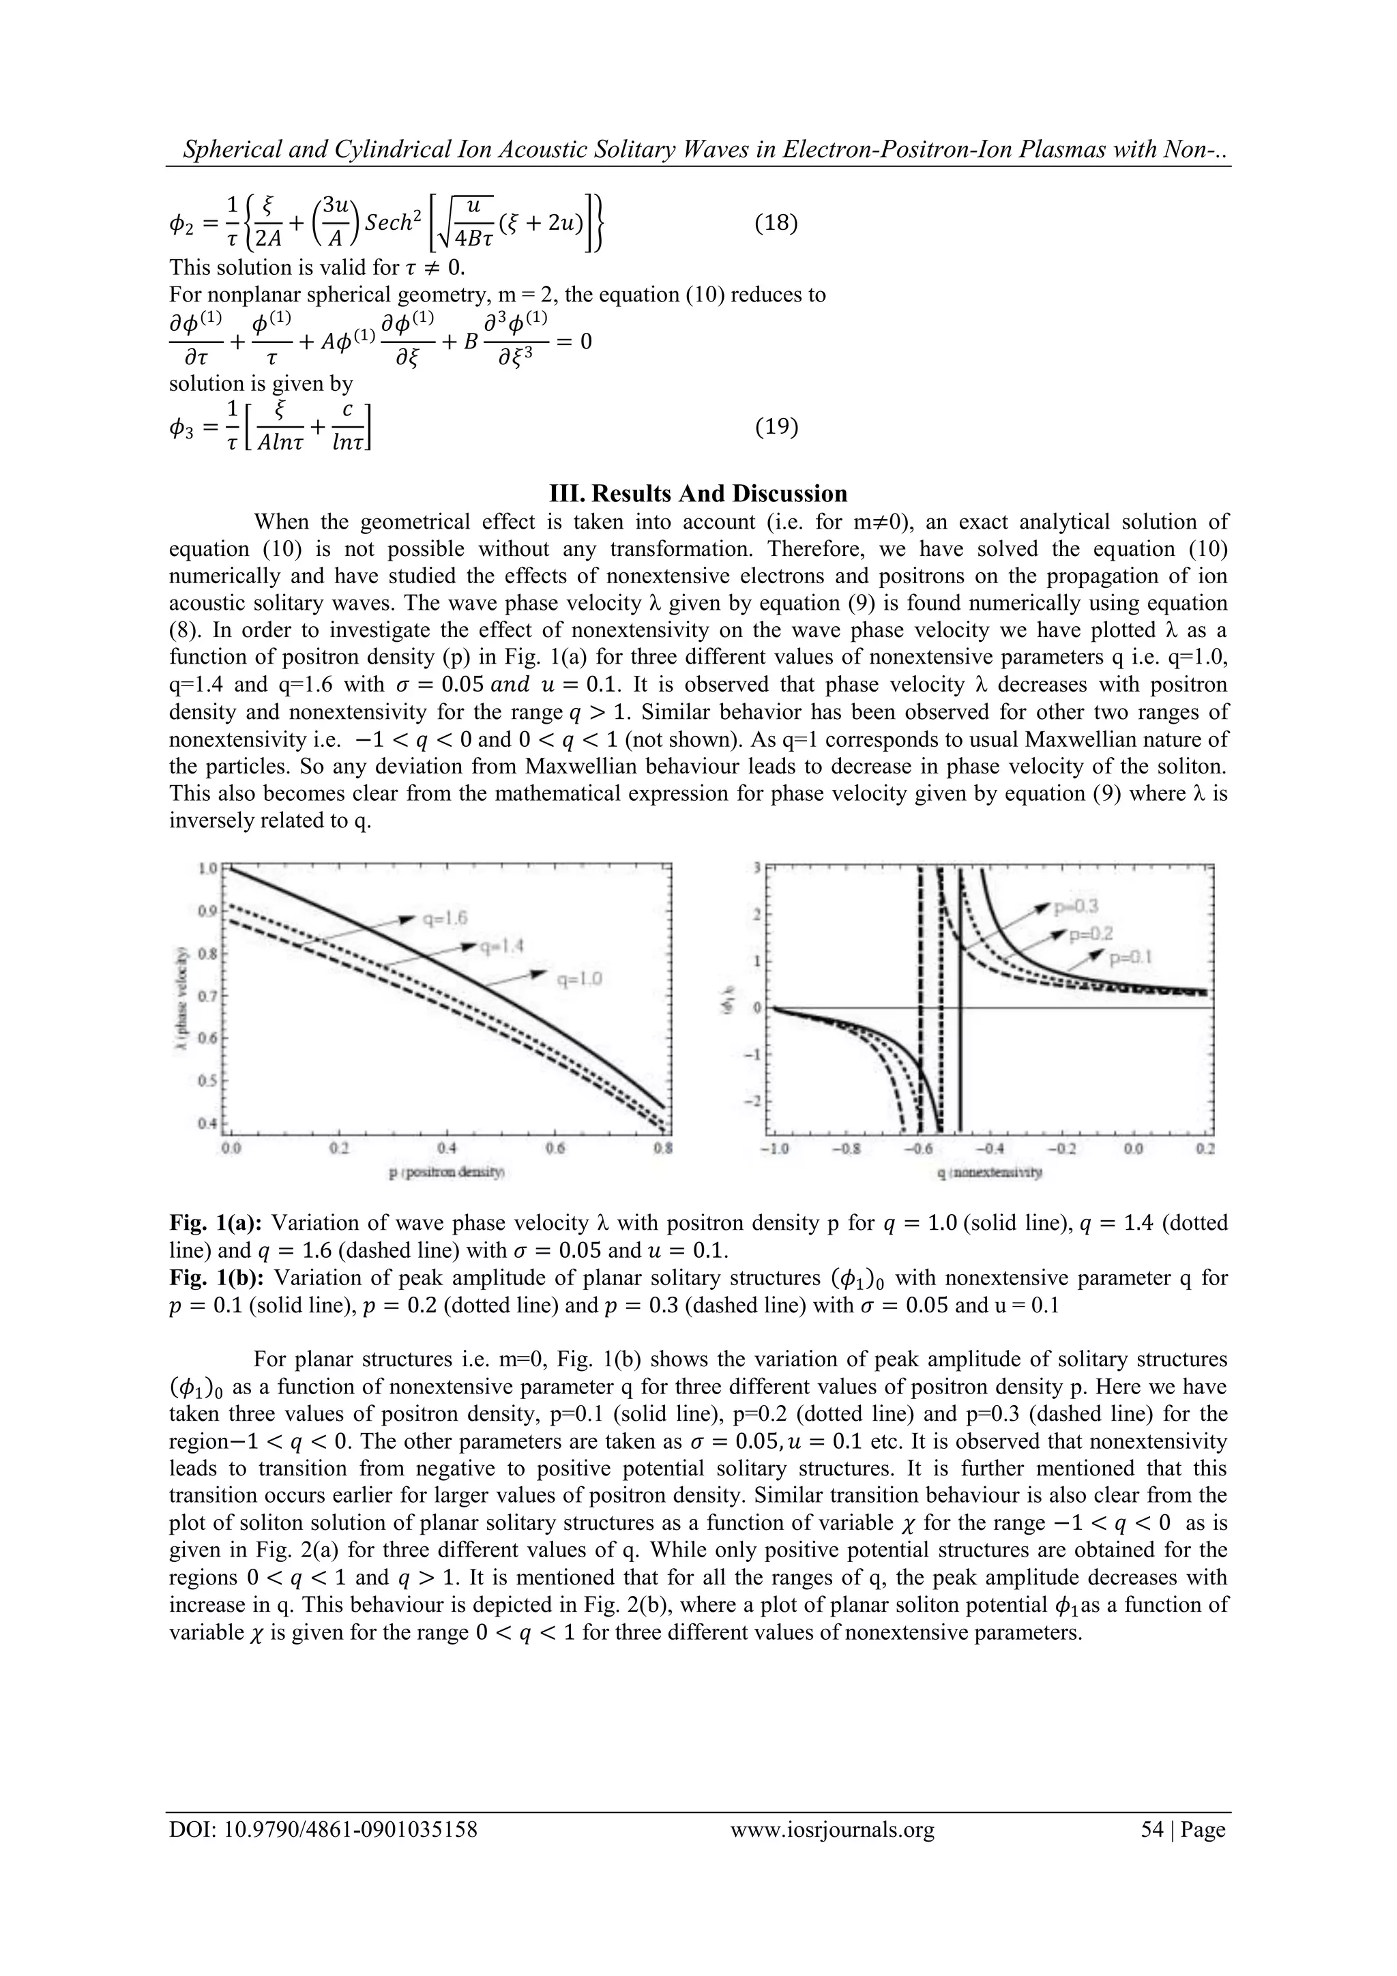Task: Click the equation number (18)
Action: tap(776, 224)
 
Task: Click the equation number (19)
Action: tap(776, 426)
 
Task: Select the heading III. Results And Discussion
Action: tap(698, 493)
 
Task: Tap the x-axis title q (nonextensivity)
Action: tap(989, 1173)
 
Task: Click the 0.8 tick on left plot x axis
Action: tap(663, 1148)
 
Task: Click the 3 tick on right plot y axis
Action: tap(757, 869)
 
